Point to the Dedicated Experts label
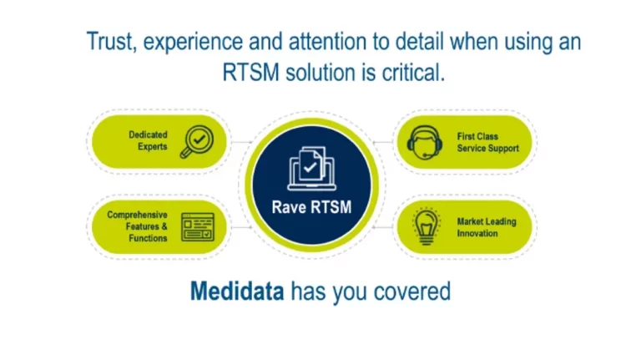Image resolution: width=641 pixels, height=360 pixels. click(x=148, y=140)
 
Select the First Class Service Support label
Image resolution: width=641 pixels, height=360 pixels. click(x=487, y=141)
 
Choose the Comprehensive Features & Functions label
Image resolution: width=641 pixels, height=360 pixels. click(x=137, y=226)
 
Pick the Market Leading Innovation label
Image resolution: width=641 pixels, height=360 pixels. click(x=486, y=227)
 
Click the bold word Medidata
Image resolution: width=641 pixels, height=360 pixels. click(x=237, y=292)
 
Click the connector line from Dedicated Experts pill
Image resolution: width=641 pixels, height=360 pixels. click(x=240, y=141)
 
